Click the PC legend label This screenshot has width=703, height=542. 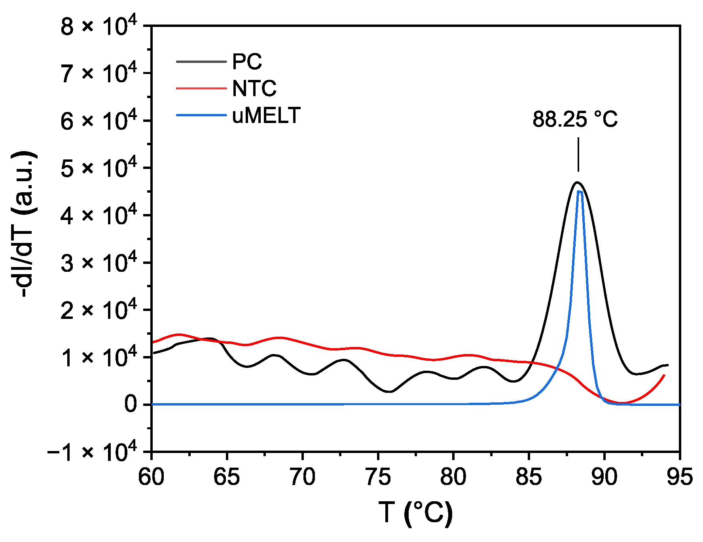(247, 62)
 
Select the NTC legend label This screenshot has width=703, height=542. (254, 89)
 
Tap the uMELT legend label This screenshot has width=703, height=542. (266, 116)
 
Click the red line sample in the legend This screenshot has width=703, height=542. (201, 88)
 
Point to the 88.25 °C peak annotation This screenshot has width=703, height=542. (575, 119)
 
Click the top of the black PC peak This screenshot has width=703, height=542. (577, 182)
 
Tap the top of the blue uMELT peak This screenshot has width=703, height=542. (580, 191)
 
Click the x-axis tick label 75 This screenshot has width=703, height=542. (378, 477)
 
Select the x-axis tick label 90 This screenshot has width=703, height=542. (604, 477)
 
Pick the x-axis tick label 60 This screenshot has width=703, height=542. (151, 477)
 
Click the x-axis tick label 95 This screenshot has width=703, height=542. (680, 477)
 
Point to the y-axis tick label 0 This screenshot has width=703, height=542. (131, 405)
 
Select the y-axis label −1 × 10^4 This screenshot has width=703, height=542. (92, 451)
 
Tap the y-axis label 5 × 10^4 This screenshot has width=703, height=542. (99, 169)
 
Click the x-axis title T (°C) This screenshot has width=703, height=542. (415, 513)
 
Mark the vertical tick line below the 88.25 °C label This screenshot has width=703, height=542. (578, 154)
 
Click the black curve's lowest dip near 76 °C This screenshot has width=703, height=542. (390, 392)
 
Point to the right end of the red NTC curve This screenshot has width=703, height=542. (664, 375)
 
